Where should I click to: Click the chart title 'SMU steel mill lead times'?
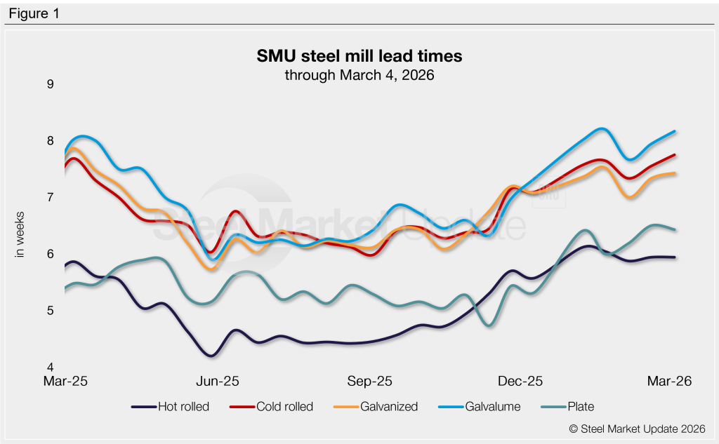[359, 55]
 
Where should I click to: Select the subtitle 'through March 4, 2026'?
[359, 74]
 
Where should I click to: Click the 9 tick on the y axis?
[50, 85]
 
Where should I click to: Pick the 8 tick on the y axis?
[50, 141]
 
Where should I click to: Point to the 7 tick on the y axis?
[50, 198]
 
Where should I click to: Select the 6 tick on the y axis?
[50, 254]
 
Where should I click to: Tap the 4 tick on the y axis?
[50, 367]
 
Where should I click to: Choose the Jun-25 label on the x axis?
[218, 382]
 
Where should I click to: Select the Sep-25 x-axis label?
[371, 382]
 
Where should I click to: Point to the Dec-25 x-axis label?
[520, 382]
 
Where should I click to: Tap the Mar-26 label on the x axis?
[670, 382]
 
